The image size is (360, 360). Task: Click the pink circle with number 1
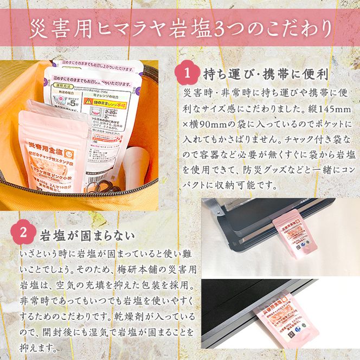click(x=188, y=73)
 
